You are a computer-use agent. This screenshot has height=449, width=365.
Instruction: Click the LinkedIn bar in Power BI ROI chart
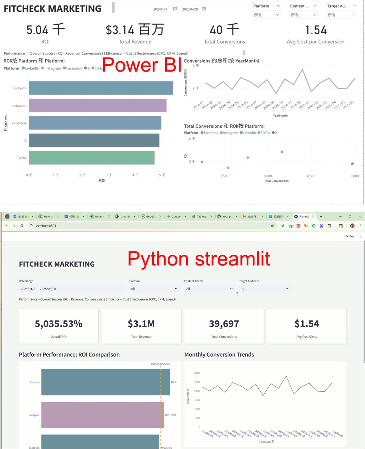click(101, 88)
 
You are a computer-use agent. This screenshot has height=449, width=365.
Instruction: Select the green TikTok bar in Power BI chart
click(92, 158)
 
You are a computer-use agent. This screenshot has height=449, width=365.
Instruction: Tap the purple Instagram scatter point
click(248, 158)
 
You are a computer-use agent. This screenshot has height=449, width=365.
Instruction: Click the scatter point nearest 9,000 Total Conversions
click(352, 164)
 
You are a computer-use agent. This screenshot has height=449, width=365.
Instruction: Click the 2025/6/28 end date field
click(190, 9)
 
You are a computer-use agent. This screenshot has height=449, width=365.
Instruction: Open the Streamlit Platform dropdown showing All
click(154, 289)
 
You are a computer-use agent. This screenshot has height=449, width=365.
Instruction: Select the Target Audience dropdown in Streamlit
click(265, 289)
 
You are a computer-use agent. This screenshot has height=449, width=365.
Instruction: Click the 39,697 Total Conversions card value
click(224, 324)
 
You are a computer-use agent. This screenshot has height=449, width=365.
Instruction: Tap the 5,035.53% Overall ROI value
click(58, 324)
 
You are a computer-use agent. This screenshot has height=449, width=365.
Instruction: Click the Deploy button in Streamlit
click(349, 236)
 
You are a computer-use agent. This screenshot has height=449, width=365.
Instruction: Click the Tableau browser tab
click(202, 217)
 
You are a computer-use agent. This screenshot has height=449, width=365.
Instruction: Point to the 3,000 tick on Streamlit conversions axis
click(197, 373)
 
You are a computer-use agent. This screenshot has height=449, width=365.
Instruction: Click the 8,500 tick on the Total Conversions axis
click(311, 176)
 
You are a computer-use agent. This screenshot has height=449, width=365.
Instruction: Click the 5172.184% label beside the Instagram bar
click(170, 415)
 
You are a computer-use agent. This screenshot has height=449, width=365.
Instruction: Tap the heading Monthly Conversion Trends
click(219, 355)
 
